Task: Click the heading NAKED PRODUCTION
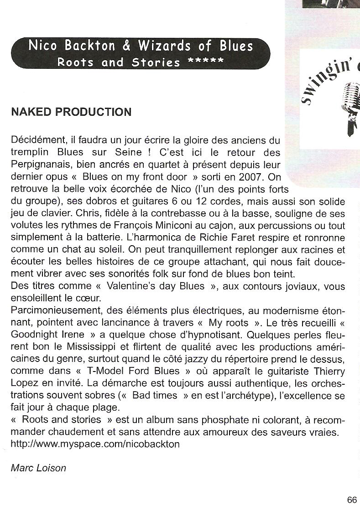pyautogui.click(x=71, y=112)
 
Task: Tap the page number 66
pyautogui.click(x=352, y=500)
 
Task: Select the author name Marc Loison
pyautogui.click(x=38, y=468)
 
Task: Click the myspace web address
pyautogui.click(x=95, y=444)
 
